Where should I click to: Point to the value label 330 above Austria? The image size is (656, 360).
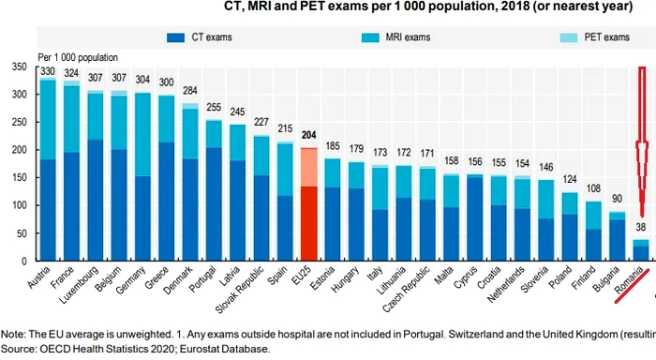click(47, 71)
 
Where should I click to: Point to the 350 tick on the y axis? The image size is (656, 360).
click(20, 68)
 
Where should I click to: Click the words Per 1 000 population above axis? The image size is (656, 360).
click(77, 57)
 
